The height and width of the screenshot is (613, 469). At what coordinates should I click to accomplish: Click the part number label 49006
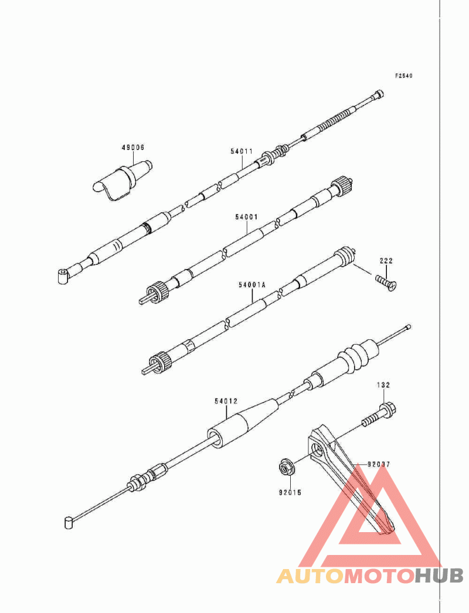(132, 147)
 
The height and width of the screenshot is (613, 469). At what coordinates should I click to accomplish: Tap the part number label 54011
(242, 151)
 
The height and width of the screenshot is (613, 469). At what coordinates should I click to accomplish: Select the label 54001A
(252, 285)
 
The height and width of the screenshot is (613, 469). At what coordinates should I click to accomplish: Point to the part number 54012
(226, 401)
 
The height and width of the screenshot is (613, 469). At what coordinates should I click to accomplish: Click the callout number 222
(386, 260)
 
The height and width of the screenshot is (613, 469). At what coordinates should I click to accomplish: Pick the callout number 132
(383, 384)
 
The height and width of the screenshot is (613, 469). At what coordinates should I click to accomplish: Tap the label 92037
(379, 465)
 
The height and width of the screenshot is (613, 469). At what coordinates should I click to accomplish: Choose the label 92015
(290, 493)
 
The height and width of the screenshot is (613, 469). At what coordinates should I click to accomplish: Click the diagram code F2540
(404, 76)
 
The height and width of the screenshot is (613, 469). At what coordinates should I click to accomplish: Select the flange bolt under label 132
(379, 415)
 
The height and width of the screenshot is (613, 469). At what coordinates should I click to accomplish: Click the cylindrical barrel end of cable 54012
(68, 523)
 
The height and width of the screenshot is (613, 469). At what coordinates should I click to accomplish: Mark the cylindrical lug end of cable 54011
(63, 275)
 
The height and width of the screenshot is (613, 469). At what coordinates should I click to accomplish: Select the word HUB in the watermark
(439, 576)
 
